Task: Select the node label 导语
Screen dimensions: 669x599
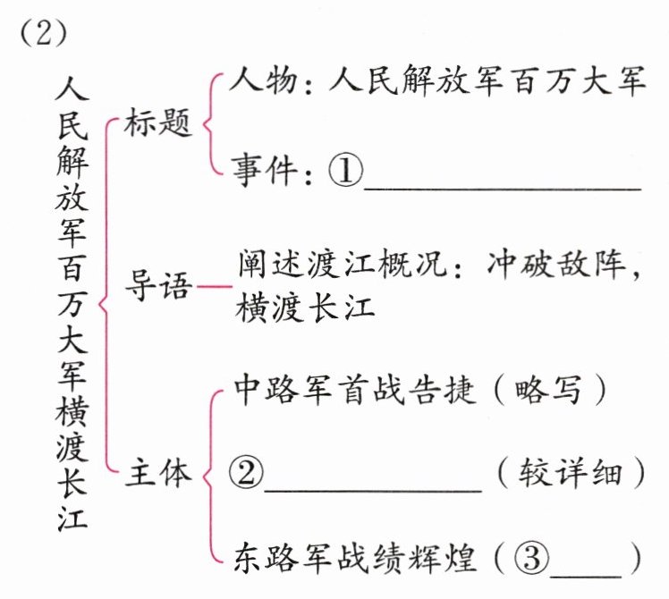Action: [x=158, y=288]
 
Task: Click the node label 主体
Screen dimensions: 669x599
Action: [x=158, y=474]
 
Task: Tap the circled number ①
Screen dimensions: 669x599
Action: [x=345, y=170]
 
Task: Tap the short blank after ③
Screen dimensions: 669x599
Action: [x=585, y=571]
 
